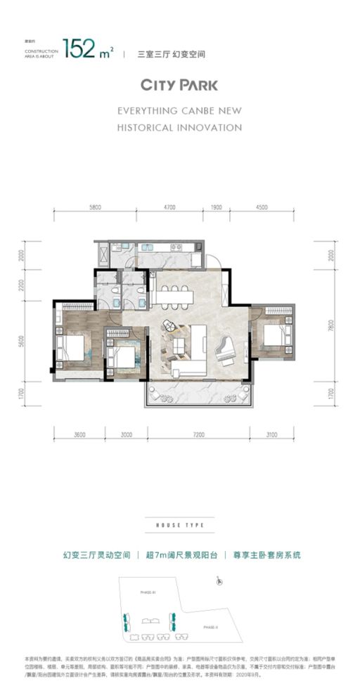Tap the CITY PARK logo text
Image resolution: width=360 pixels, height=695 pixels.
click(x=179, y=85)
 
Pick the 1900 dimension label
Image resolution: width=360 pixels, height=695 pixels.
click(x=216, y=207)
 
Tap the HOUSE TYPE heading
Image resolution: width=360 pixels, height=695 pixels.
click(x=179, y=525)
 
